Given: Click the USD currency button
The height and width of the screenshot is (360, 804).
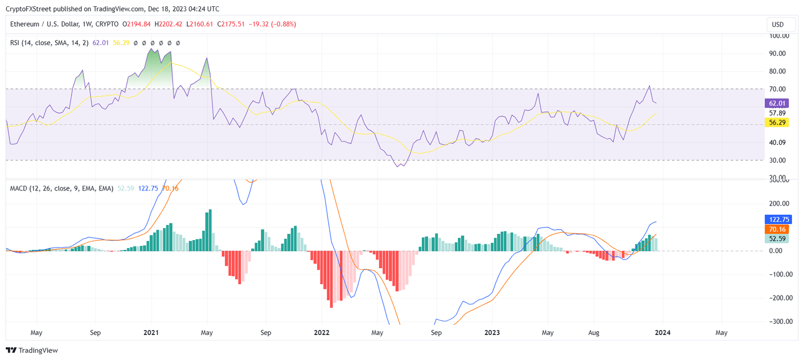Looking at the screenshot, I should click(778, 25).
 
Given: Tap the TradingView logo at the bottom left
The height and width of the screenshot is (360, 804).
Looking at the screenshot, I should click(32, 350).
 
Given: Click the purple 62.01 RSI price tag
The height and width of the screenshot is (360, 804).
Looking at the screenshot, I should click(777, 103).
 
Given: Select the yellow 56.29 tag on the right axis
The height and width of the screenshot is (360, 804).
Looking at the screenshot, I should click(777, 122).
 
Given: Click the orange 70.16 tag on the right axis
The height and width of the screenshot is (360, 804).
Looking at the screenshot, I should click(777, 229).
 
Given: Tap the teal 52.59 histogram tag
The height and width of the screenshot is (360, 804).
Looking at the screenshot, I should click(777, 239).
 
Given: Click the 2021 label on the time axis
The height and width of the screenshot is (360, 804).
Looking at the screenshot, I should click(151, 332).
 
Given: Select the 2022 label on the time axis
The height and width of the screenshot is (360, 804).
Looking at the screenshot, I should click(321, 332).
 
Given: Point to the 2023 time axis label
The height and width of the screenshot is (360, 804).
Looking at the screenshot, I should click(492, 332).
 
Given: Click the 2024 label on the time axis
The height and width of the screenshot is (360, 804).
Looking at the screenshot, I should click(663, 332).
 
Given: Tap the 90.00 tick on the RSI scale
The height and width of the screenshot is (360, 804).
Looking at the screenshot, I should click(779, 53).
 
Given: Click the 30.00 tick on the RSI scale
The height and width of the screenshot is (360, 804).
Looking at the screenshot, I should click(779, 160).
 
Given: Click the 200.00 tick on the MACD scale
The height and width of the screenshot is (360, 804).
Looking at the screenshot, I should click(779, 204).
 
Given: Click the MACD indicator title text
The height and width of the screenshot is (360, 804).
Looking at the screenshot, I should click(62, 188).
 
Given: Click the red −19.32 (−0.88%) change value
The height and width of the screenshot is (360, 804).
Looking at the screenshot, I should click(272, 24).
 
